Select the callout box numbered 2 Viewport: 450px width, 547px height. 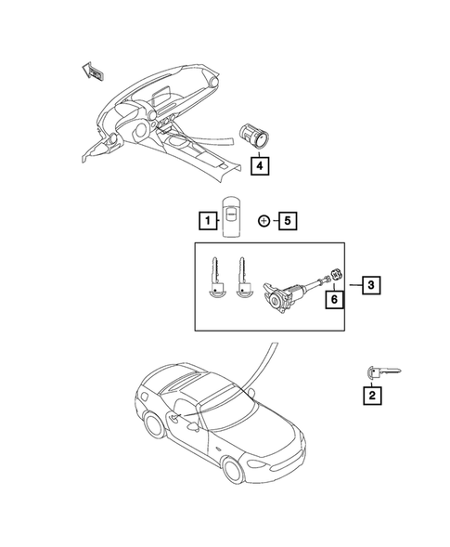[372, 397]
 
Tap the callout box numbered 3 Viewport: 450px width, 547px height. [369, 285]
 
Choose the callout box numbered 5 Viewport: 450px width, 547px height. [289, 246]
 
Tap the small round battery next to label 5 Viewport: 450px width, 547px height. [264, 246]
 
